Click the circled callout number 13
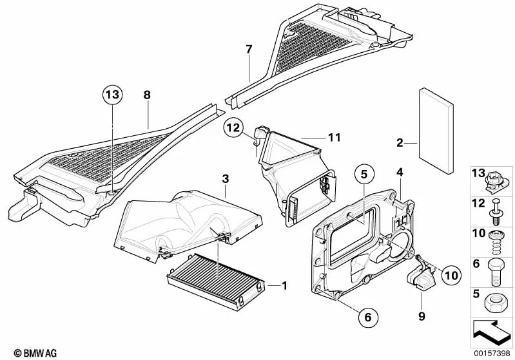[112, 95]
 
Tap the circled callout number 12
[233, 128]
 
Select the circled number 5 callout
[364, 175]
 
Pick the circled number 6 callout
[368, 317]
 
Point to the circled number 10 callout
[452, 276]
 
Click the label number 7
[249, 49]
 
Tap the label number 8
[147, 95]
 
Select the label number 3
[225, 179]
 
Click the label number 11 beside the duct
[335, 137]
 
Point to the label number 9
[422, 316]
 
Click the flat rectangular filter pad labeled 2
[436, 131]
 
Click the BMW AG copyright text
[35, 353]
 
